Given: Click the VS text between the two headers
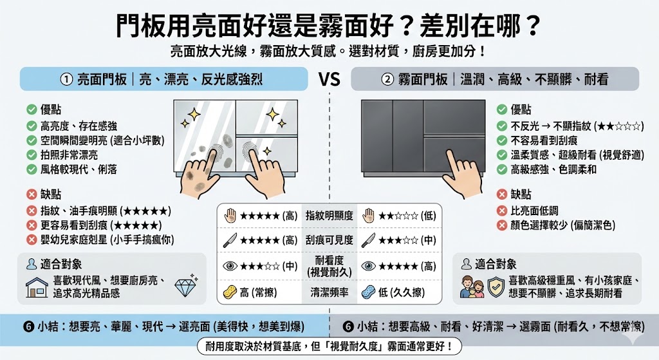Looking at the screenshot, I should (x=329, y=79).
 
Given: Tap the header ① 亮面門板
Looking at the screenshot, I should (x=161, y=79).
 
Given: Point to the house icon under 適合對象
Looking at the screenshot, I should (x=37, y=287).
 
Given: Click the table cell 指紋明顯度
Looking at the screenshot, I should (x=329, y=215).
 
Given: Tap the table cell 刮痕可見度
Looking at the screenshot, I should (x=329, y=240).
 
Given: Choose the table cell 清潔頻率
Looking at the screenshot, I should (x=329, y=292).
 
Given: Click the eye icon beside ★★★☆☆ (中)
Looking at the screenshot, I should (x=229, y=265).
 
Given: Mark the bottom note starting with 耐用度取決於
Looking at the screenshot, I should (x=329, y=346).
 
